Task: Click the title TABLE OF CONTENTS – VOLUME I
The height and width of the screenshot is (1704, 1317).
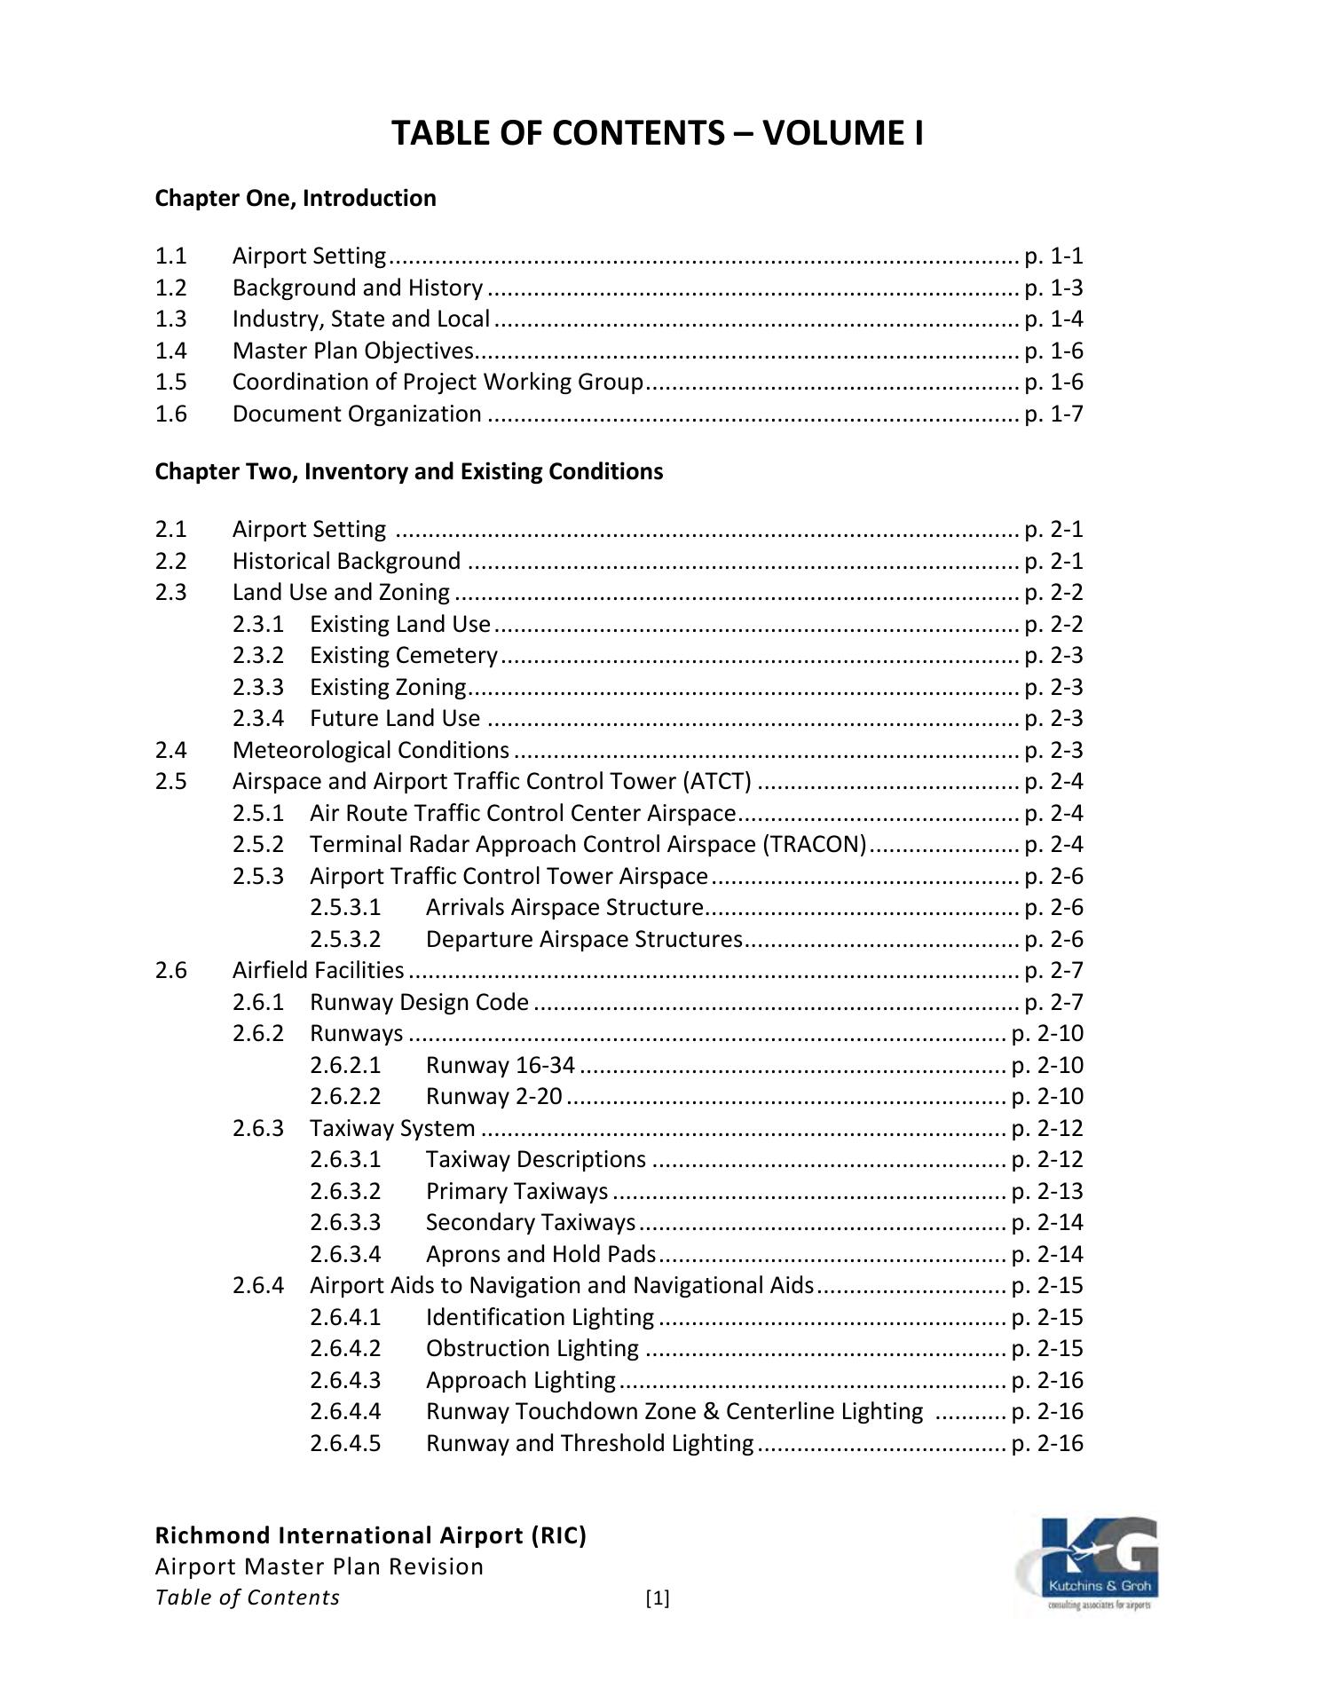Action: [x=658, y=133]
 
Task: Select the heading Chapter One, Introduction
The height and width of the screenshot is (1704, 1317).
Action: [x=296, y=198]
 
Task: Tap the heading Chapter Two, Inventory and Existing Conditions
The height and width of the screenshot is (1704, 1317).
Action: [x=408, y=471]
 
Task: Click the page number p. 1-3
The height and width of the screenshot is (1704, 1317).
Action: [x=1053, y=288]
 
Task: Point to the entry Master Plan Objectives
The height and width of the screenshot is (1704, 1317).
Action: [x=353, y=351]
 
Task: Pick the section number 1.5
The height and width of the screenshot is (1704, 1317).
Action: [x=170, y=382]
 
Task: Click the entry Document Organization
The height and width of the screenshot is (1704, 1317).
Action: [x=357, y=414]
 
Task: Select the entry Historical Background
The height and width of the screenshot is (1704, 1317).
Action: [x=346, y=561]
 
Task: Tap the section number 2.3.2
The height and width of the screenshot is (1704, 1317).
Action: [x=258, y=655]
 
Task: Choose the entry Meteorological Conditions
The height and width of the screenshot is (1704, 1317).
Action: [x=371, y=750]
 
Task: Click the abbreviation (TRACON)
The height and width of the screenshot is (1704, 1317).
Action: [x=814, y=844]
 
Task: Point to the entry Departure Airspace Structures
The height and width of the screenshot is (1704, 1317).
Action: [x=584, y=939]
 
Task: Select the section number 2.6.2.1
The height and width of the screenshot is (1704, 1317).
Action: [x=345, y=1065]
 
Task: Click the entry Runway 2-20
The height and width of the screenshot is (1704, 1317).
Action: [x=493, y=1096]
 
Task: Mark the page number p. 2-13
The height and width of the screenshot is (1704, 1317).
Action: [x=1047, y=1191]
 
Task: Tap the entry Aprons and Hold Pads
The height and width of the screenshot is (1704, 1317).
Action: [x=540, y=1254]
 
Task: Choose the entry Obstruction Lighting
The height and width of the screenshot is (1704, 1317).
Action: [x=532, y=1348]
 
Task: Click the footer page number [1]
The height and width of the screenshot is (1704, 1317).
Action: [x=658, y=1598]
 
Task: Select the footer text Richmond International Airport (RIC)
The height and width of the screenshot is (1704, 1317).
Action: [x=371, y=1535]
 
